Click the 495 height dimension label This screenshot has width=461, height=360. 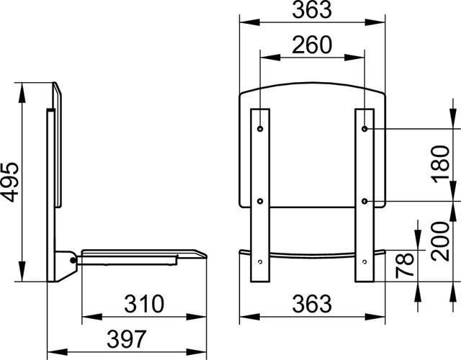tap(11, 182)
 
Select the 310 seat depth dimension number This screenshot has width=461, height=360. tap(144, 304)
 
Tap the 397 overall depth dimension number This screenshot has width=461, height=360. tap(127, 339)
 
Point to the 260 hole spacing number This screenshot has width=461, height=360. tap(312, 45)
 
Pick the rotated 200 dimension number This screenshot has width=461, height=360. tap(441, 241)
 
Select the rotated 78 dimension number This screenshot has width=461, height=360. tap(405, 266)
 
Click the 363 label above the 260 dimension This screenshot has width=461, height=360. tap(312, 9)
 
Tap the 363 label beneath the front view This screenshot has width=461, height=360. tap(312, 304)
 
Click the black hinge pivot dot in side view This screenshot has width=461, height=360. tap(73, 260)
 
